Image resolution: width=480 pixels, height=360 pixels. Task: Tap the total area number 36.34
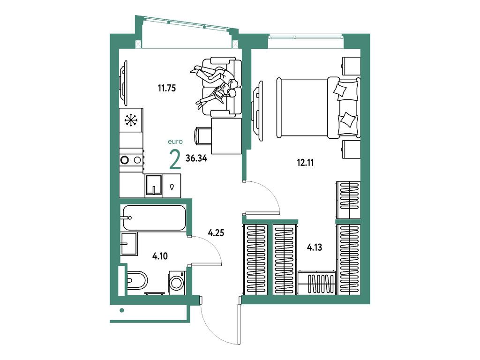196,158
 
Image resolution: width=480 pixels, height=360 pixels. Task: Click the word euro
175,141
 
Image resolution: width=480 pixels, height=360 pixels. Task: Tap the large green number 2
175,160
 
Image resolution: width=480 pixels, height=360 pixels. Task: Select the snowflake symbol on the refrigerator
131,120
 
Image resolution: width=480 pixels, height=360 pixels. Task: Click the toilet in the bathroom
136,280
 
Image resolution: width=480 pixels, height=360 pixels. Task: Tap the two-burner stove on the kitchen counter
131,160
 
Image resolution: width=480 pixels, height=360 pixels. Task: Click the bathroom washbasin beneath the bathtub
129,243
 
